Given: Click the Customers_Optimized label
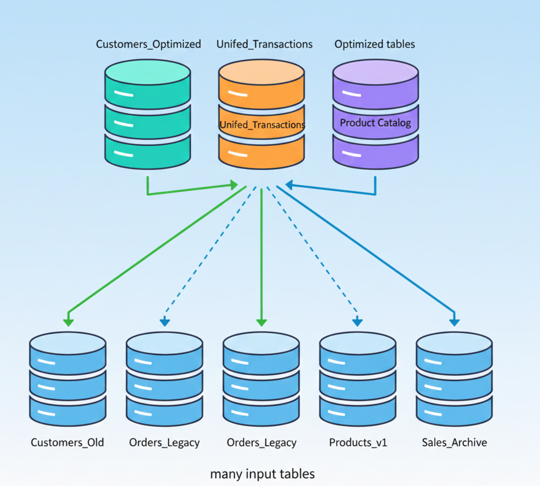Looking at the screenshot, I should pyautogui.click(x=148, y=44).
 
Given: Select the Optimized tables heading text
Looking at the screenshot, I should pyautogui.click(x=374, y=44).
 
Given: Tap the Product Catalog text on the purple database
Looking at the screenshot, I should pyautogui.click(x=375, y=123).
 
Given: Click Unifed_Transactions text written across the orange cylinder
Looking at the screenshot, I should pyautogui.click(x=262, y=125).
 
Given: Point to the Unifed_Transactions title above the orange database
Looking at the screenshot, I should pyautogui.click(x=265, y=44).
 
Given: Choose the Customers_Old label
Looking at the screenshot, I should pyautogui.click(x=67, y=443).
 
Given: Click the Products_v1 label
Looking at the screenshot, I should pyautogui.click(x=358, y=443).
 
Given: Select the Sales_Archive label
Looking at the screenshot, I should pyautogui.click(x=454, y=443).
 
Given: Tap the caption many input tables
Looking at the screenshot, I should pyautogui.click(x=262, y=474).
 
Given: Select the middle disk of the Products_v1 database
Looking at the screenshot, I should pyautogui.click(x=357, y=381).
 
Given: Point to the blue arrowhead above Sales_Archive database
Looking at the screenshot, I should pyautogui.click(x=454, y=321).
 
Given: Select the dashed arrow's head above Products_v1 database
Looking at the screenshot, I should pyautogui.click(x=358, y=321).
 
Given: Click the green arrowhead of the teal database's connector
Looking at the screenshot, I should pyautogui.click(x=234, y=185).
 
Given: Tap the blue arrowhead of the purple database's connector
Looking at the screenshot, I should pyautogui.click(x=289, y=185).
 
